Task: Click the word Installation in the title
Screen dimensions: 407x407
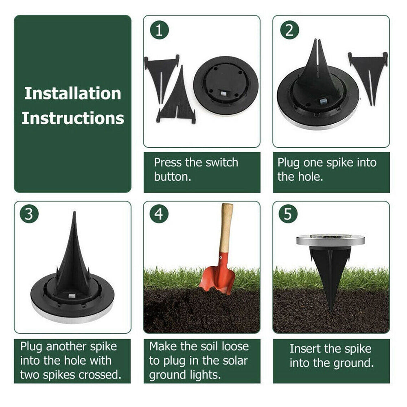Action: click(x=72, y=93)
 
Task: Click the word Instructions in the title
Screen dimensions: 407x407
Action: click(x=72, y=118)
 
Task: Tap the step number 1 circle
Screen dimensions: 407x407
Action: click(x=159, y=31)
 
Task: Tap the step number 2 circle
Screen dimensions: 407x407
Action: click(x=289, y=31)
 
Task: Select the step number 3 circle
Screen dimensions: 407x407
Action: click(x=29, y=214)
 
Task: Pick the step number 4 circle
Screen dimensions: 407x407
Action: click(x=159, y=214)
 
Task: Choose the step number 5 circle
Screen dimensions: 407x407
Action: click(x=288, y=214)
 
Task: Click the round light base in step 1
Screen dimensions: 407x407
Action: click(x=226, y=85)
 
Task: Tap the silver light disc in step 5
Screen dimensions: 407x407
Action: click(x=330, y=240)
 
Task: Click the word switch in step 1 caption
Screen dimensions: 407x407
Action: click(x=221, y=163)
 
